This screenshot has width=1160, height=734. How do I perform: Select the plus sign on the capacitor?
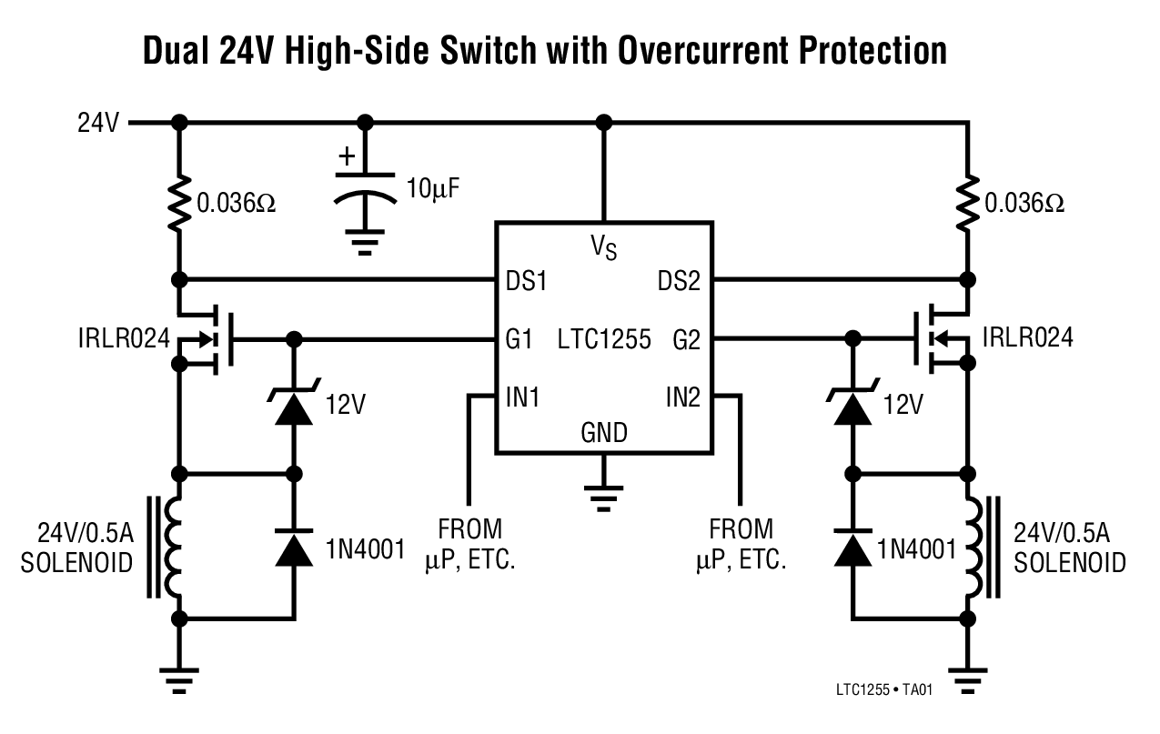346,156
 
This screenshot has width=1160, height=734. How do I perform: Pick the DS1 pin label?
526,281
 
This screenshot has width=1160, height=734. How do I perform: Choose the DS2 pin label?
679,281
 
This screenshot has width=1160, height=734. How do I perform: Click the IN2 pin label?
682,397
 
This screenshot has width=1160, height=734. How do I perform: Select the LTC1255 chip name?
604,340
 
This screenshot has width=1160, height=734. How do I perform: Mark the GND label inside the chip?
604,433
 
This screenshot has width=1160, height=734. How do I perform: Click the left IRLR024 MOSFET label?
123,339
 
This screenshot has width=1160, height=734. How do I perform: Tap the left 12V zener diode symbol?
293,407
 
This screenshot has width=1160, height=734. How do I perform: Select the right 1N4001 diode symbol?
852,548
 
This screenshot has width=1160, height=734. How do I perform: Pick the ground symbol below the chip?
601,496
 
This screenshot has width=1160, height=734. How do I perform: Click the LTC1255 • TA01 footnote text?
883,689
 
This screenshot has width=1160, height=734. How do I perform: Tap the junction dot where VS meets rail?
601,122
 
